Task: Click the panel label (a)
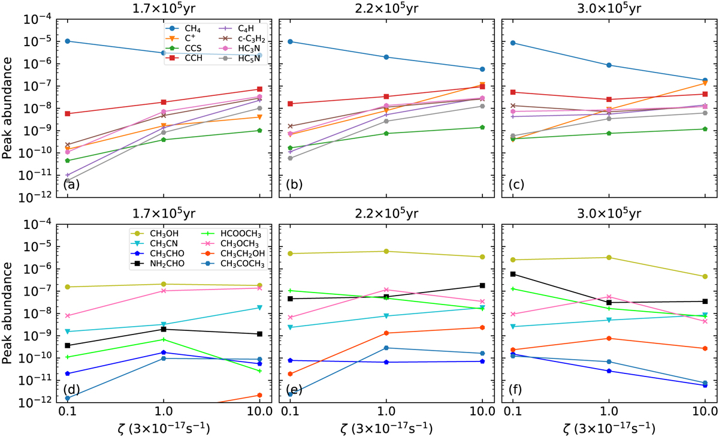[71, 185]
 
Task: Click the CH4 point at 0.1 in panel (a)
[68, 41]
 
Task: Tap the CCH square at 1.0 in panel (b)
[386, 97]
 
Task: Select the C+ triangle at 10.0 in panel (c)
[705, 83]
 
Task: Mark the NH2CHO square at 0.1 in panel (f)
[513, 274]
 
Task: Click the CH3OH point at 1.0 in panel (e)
[386, 251]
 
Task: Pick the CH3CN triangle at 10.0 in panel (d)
[259, 308]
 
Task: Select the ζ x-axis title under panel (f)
[609, 429]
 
